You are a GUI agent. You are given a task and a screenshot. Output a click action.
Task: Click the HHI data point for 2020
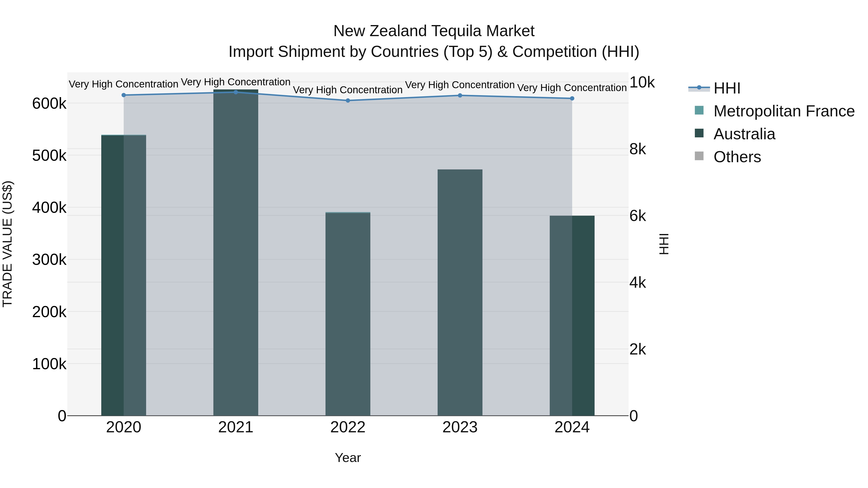tap(124, 95)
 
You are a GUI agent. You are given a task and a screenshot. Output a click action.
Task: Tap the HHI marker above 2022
tap(348, 100)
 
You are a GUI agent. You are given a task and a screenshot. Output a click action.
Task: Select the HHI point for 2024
tap(572, 98)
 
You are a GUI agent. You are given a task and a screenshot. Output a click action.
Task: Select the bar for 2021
tap(236, 253)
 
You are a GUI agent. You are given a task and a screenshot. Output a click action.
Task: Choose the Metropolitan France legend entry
tap(784, 111)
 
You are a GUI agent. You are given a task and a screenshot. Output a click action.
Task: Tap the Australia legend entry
tap(744, 134)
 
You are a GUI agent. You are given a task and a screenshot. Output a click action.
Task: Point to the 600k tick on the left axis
tap(49, 103)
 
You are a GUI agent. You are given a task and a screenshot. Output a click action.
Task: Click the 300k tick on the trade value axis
tap(49, 260)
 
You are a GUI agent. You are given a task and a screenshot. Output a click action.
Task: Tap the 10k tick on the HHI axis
tap(642, 82)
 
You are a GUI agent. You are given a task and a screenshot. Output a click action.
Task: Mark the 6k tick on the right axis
tap(637, 216)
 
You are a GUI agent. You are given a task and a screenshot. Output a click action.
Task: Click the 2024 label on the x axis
tap(572, 427)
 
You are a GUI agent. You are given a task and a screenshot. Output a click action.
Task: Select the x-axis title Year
tap(348, 458)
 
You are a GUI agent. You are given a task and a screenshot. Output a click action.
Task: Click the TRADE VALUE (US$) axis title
tap(7, 244)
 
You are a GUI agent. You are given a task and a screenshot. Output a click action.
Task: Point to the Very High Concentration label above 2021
tap(236, 82)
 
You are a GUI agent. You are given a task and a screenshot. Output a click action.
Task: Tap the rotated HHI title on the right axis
tap(664, 244)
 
